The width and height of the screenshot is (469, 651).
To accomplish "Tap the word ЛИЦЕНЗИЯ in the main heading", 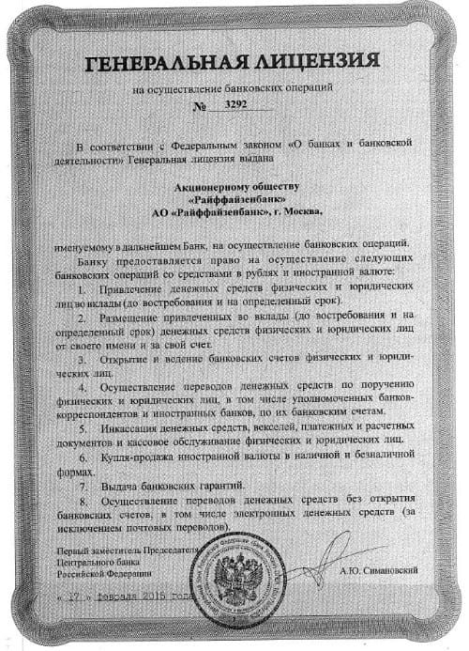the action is point(310,62).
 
